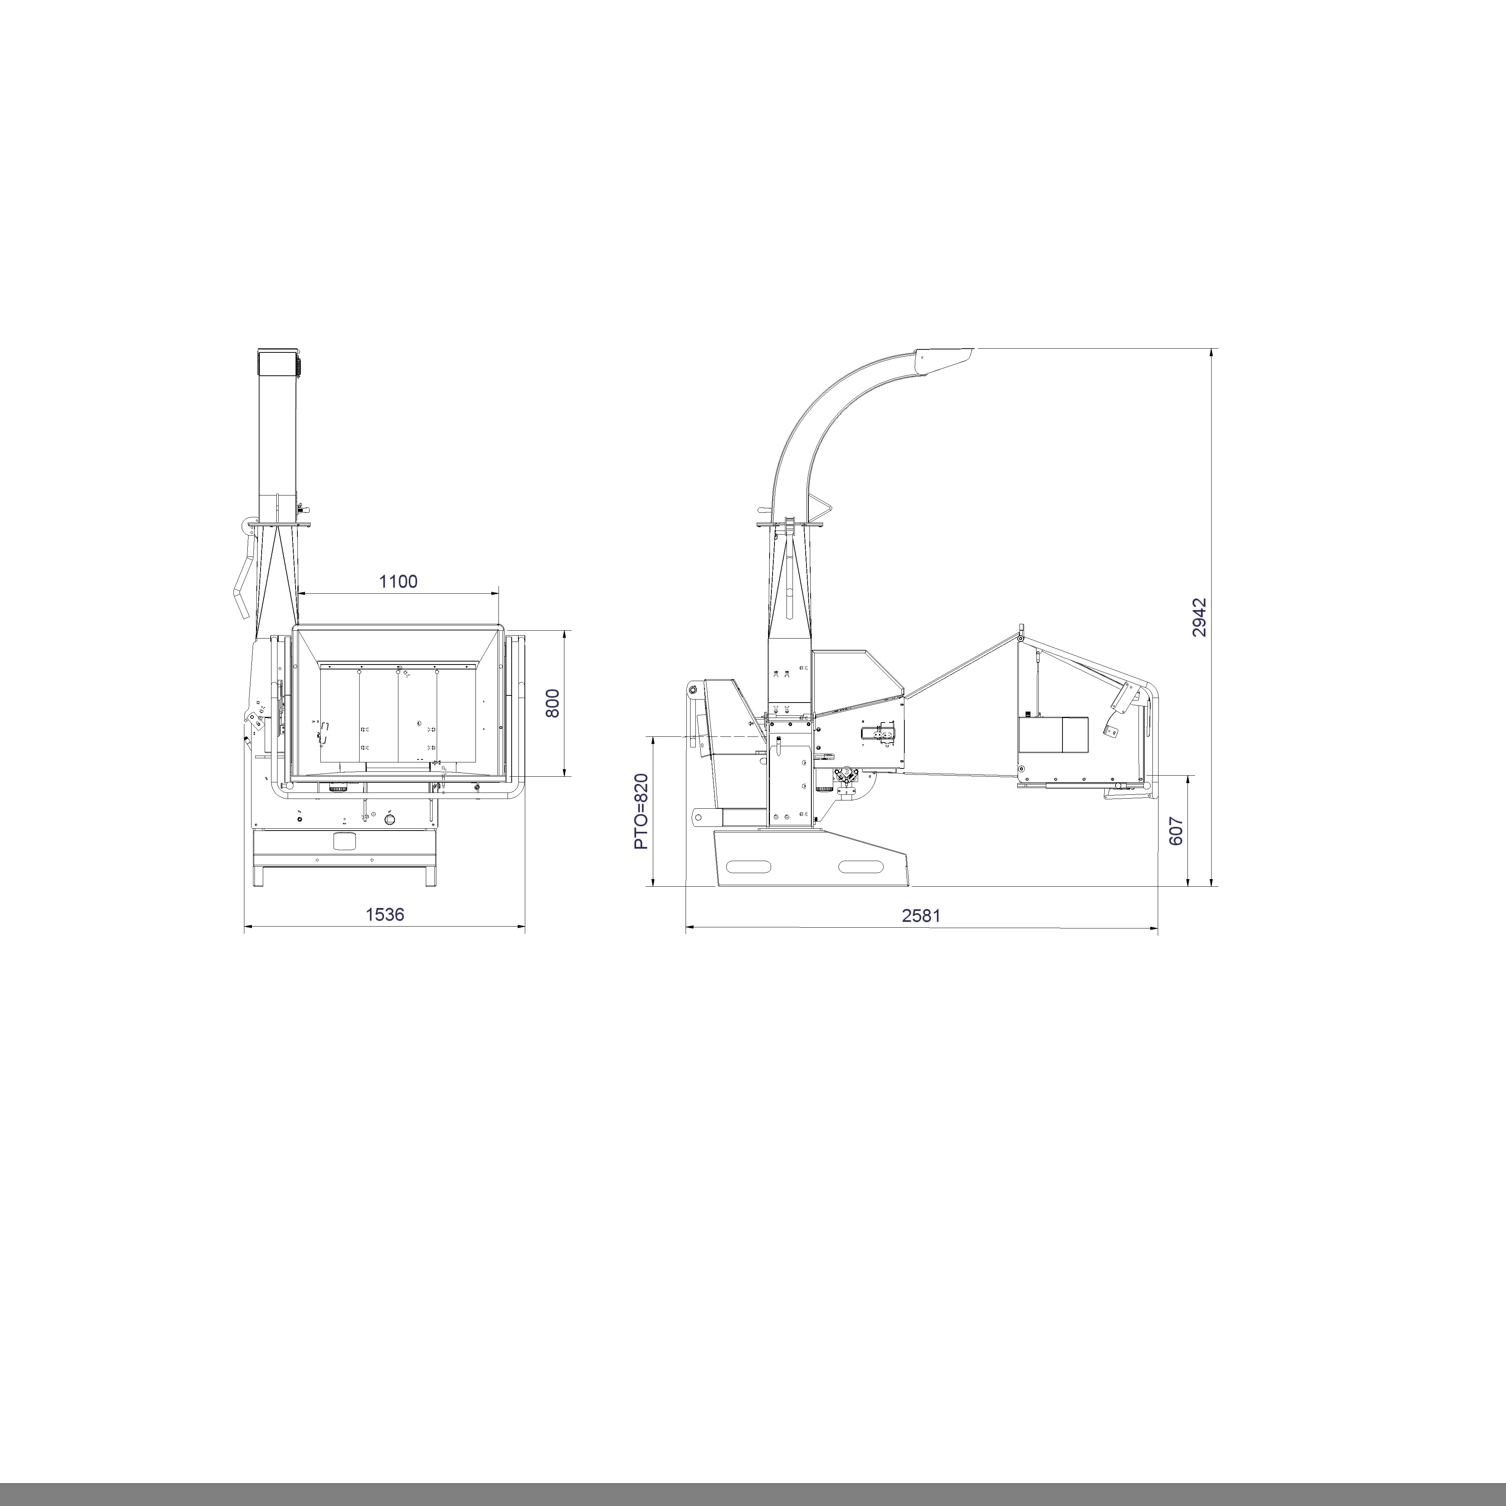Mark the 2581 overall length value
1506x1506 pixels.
(921, 916)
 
